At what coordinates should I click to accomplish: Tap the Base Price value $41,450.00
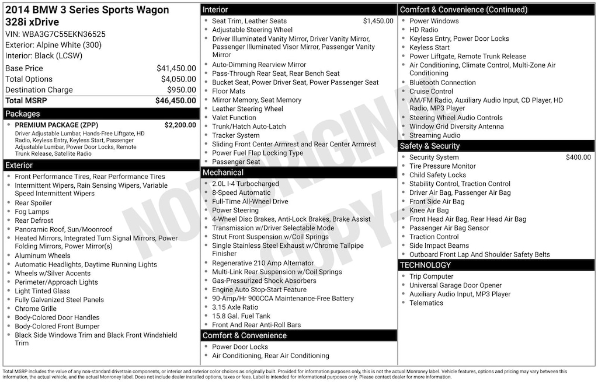click(x=176, y=68)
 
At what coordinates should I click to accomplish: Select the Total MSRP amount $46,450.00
click(x=175, y=100)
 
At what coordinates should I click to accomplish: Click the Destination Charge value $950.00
click(x=181, y=90)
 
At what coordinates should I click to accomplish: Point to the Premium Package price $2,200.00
click(x=180, y=125)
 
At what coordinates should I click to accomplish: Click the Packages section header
click(x=23, y=114)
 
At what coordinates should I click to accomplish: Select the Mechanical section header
click(x=222, y=173)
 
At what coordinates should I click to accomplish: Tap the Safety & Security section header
click(x=430, y=146)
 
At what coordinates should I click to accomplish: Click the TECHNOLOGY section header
click(x=426, y=265)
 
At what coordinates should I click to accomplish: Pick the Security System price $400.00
click(x=578, y=157)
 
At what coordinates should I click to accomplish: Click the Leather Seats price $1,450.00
click(x=378, y=21)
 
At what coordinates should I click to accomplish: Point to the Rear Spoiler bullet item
click(x=33, y=203)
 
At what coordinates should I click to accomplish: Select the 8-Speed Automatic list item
click(x=241, y=192)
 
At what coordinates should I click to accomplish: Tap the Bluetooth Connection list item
click(x=442, y=83)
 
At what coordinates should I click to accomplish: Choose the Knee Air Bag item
click(x=429, y=211)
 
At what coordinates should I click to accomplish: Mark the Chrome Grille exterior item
click(x=35, y=309)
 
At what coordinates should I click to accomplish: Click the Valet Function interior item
click(x=234, y=118)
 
